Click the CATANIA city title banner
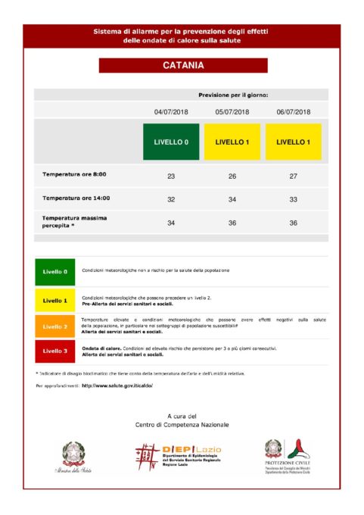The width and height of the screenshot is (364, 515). point(182,66)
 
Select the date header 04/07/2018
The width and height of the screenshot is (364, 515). point(171,112)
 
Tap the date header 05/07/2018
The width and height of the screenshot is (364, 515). point(232,112)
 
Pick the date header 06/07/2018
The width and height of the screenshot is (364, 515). point(293,112)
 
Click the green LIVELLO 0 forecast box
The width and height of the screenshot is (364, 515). point(171,142)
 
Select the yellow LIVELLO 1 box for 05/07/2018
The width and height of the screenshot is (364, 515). point(232,142)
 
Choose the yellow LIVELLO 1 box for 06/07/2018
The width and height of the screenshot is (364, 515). point(293,142)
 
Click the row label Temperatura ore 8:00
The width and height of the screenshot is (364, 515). point(74,175)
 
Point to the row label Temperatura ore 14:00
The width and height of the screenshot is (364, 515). point(76,198)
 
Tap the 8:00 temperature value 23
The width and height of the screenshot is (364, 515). point(171,176)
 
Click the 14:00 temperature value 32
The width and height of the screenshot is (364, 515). point(171,199)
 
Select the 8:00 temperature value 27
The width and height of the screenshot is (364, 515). point(293,176)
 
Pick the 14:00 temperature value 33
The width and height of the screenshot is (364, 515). point(293,199)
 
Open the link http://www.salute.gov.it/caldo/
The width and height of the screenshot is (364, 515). point(117,385)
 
